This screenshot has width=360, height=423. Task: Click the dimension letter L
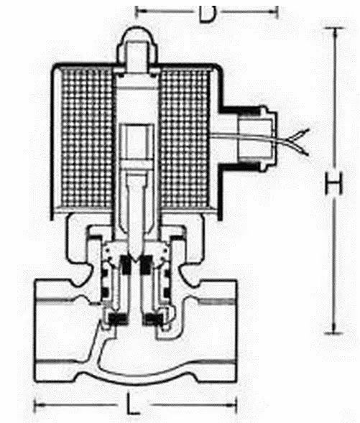[132, 404]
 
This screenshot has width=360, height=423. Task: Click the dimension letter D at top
[207, 14]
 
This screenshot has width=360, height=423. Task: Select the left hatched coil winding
[87, 137]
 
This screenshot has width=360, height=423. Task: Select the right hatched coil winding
[185, 137]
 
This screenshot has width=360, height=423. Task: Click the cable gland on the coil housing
[257, 138]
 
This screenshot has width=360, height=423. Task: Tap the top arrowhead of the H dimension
[335, 30]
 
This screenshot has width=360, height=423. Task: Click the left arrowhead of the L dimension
[38, 404]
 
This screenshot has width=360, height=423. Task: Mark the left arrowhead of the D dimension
[138, 11]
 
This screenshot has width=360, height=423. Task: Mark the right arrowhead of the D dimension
[274, 11]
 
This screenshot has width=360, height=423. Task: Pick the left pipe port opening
[54, 330]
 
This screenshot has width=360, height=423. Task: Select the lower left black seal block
[118, 319]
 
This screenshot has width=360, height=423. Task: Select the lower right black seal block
[153, 319]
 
